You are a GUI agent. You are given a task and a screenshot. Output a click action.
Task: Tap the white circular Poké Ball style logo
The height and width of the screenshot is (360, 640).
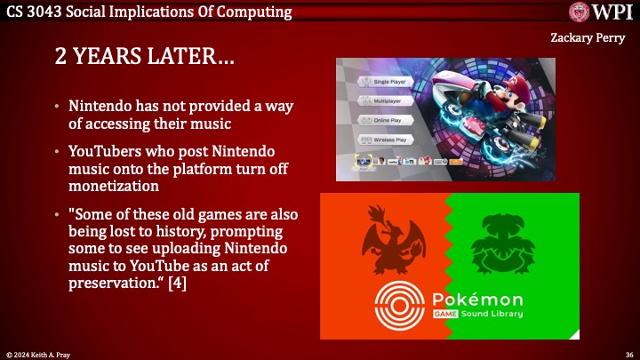(401, 306)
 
